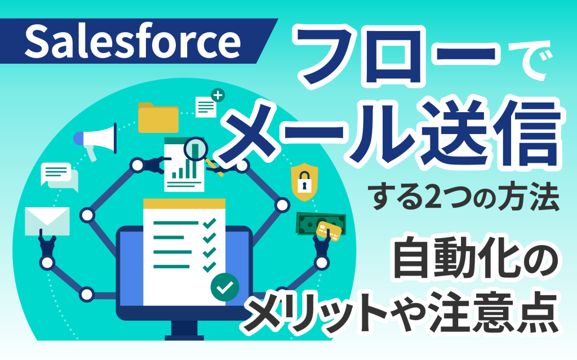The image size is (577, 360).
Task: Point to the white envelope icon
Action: (x=47, y=221)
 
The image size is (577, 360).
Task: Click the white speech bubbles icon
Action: (x=59, y=176)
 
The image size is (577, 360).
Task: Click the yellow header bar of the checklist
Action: (x=184, y=204)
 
